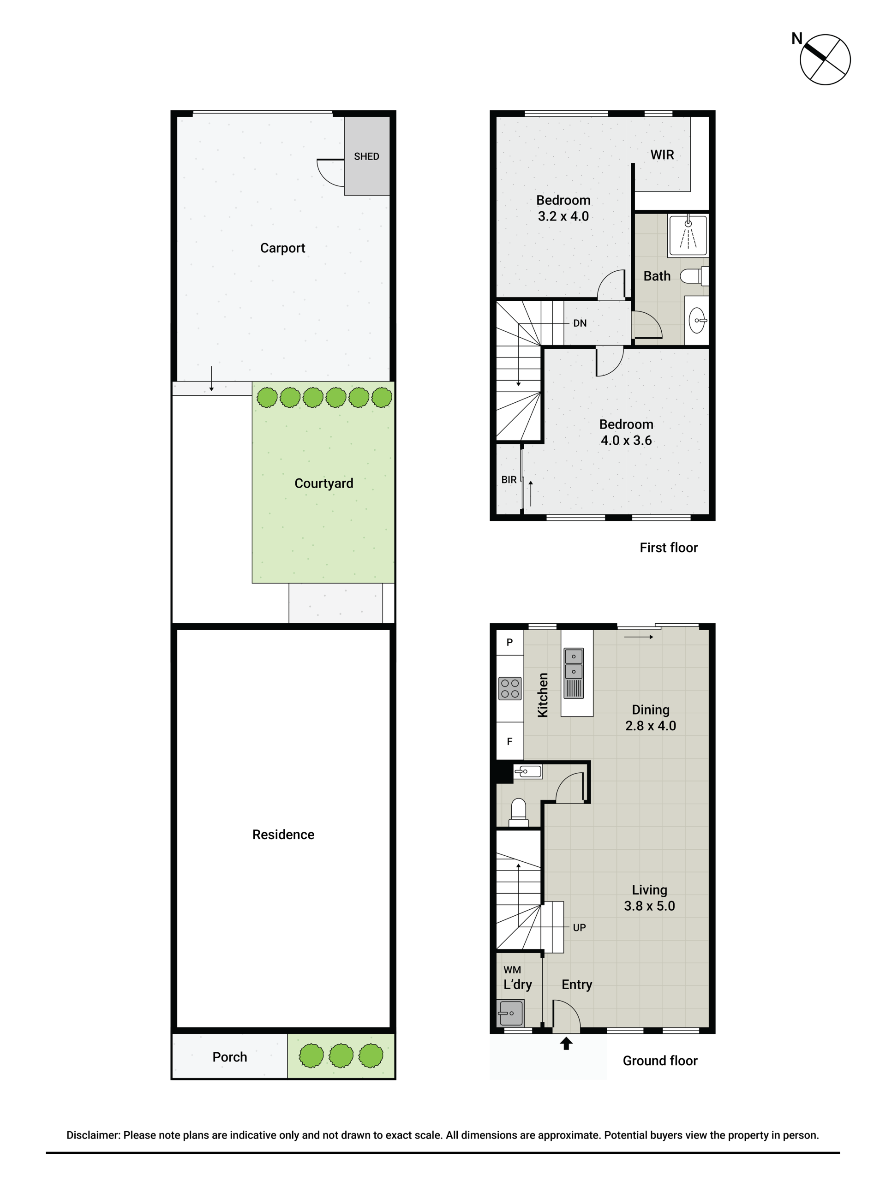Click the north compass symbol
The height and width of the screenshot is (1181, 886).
point(825,59)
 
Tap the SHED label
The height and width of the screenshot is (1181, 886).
point(366,156)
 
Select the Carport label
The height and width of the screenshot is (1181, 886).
point(282,248)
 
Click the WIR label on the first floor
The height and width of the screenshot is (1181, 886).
point(662,155)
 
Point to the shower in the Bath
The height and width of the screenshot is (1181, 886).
point(688,235)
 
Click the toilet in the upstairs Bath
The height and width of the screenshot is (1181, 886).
point(694,276)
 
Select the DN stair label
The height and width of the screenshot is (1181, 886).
point(580,323)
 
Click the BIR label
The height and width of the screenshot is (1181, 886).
point(509,480)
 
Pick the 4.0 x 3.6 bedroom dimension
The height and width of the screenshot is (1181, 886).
point(626,441)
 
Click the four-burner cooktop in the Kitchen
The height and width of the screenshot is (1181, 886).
point(510,688)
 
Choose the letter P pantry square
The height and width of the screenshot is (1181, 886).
point(509,642)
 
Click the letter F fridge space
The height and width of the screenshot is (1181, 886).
point(509,741)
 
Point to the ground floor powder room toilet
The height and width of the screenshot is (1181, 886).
point(519,812)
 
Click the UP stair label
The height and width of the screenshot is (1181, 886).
point(580,927)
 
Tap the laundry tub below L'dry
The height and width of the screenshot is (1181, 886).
point(511,1013)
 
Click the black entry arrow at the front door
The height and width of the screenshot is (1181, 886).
point(566,1043)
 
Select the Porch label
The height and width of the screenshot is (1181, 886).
point(230,1057)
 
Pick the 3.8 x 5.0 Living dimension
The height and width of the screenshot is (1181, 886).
point(649,906)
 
